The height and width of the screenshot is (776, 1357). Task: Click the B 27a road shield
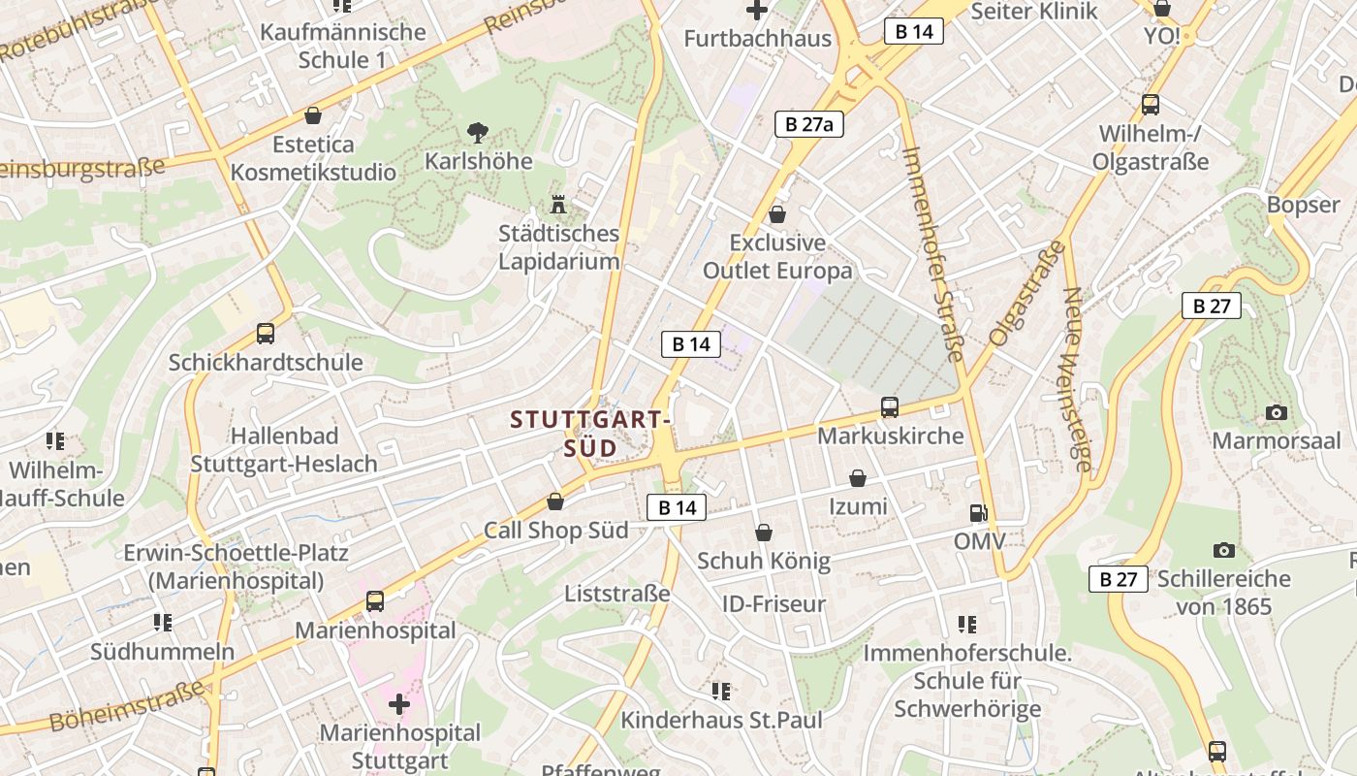(x=809, y=124)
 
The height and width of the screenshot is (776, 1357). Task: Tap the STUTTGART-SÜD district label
(x=591, y=434)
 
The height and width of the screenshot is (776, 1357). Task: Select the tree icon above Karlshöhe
(x=477, y=132)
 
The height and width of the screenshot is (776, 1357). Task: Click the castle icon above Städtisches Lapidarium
(x=557, y=205)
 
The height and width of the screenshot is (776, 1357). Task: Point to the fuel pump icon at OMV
(x=979, y=513)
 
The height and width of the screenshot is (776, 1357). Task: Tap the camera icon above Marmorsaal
(x=1276, y=413)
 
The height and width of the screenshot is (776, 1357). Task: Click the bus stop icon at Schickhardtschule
(x=265, y=334)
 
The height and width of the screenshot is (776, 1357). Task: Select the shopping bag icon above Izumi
(x=857, y=478)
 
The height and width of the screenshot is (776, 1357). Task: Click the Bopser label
(x=1303, y=205)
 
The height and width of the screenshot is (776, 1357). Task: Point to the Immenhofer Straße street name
(x=931, y=254)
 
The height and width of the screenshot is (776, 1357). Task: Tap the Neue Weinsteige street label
(x=1077, y=378)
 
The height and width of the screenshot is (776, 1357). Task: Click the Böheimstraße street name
(x=126, y=706)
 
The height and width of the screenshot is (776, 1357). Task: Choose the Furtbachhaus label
(x=757, y=39)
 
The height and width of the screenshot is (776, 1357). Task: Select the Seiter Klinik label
(x=1033, y=12)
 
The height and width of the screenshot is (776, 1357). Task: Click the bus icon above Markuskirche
(x=889, y=407)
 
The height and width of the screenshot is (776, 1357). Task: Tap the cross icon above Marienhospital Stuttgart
(x=398, y=703)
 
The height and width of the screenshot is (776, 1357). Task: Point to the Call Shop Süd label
(x=555, y=530)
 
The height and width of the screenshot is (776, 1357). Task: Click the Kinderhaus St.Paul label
(x=721, y=720)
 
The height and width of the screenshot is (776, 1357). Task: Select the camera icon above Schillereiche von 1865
(x=1224, y=551)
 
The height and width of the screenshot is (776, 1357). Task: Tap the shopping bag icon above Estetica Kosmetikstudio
(x=312, y=116)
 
